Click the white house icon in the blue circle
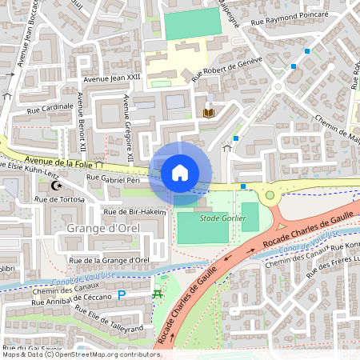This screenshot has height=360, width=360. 180,172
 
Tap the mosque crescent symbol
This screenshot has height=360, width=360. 56,186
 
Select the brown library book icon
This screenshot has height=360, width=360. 210,112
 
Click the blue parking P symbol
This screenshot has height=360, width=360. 122,295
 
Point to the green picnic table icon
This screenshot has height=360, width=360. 157,295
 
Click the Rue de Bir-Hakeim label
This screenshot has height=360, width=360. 134,211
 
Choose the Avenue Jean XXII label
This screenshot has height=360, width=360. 112,78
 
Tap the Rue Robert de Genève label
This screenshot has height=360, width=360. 227,70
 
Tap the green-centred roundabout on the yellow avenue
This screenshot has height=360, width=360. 270,194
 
